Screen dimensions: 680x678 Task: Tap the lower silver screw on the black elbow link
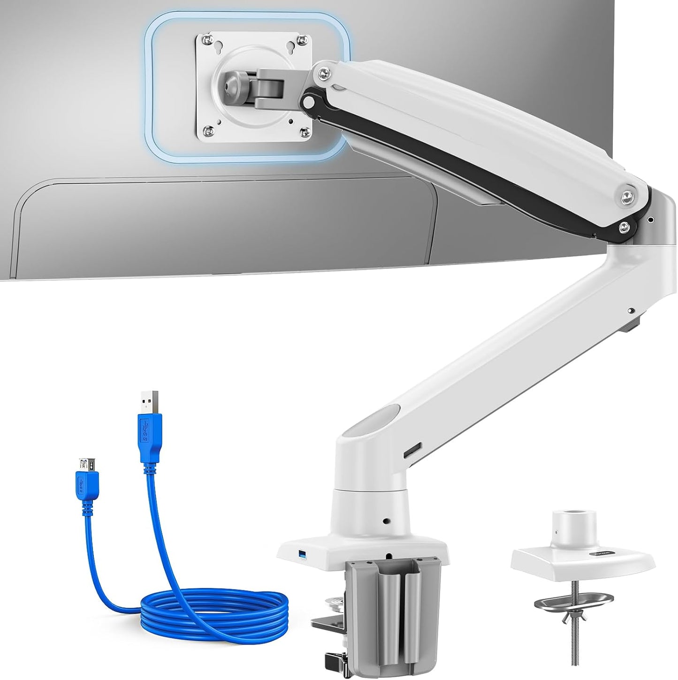tap(623, 227)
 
